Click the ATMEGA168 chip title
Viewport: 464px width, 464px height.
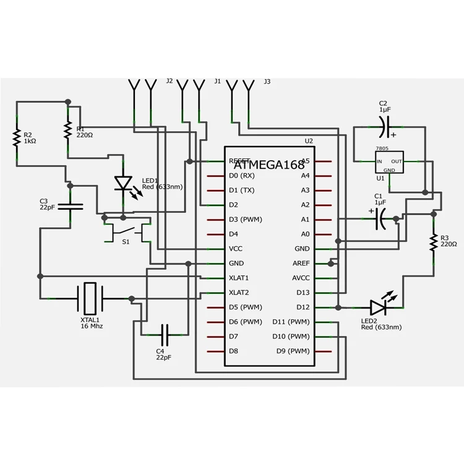(269, 165)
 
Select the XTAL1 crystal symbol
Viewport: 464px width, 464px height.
(90, 298)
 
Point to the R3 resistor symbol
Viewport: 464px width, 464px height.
(434, 242)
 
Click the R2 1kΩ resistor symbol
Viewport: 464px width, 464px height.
(17, 137)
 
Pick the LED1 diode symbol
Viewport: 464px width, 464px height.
(124, 183)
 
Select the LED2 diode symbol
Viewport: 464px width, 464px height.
(379, 307)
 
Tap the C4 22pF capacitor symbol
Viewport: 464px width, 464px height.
(164, 335)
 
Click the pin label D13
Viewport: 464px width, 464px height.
(302, 293)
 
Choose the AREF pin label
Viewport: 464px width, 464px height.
(301, 264)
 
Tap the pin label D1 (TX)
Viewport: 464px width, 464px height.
(241, 190)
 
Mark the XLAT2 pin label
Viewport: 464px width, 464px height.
(239, 293)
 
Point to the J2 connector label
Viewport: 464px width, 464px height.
(170, 81)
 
